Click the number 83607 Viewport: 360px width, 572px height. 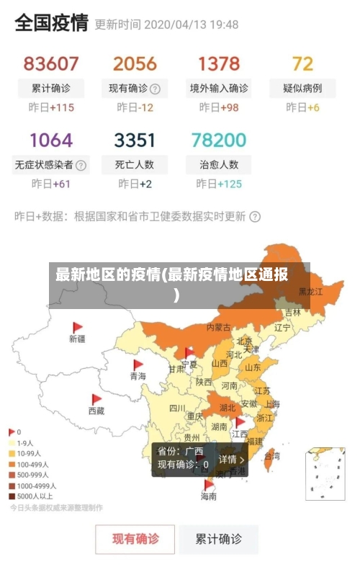(x=51, y=63)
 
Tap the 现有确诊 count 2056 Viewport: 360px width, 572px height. (x=135, y=63)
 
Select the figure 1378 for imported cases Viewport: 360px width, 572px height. (x=219, y=63)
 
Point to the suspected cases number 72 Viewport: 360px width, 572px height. (x=302, y=63)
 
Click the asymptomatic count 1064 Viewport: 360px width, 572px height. (x=51, y=139)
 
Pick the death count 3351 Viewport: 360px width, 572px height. (x=135, y=139)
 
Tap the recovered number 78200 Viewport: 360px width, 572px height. (x=219, y=139)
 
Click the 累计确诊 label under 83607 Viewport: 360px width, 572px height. (x=51, y=89)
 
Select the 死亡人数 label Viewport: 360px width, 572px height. (x=135, y=164)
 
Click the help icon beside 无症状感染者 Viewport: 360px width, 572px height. (x=81, y=165)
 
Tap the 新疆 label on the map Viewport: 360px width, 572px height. (x=77, y=339)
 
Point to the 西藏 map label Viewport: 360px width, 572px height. (x=96, y=411)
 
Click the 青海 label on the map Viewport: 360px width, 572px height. (x=138, y=376)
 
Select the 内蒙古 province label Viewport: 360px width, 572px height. (x=218, y=327)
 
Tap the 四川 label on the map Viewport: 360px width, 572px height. (x=177, y=408)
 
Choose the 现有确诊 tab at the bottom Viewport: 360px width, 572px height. (x=135, y=538)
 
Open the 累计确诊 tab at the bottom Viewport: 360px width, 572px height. (x=220, y=538)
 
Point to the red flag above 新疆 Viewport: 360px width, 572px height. (x=78, y=327)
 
